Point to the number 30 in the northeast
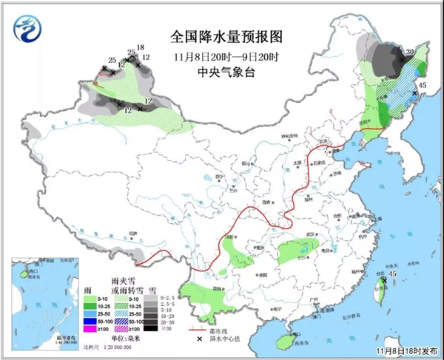pos(408,52)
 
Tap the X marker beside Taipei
pos(384,281)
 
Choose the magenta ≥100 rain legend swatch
pos(90,329)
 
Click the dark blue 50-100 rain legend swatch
pos(90,321)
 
